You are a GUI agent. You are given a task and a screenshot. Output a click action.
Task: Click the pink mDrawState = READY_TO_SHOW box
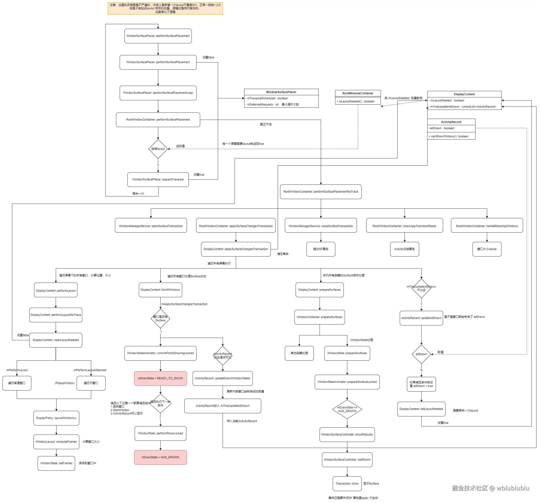point(160,378)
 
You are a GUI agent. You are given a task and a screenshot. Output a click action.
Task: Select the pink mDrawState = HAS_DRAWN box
point(160,457)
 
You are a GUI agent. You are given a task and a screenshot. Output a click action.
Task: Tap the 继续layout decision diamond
point(158,149)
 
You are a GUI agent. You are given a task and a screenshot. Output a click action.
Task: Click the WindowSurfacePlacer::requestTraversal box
point(158,179)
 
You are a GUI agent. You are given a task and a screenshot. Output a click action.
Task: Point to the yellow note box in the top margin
point(165,8)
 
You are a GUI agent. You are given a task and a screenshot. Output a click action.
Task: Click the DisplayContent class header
point(464,94)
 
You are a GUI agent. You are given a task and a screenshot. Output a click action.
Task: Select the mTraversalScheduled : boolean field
point(281,98)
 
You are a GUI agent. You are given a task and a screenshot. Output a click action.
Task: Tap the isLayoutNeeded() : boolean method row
point(358,101)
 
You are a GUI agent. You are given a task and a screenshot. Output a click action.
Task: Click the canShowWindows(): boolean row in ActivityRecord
point(451,136)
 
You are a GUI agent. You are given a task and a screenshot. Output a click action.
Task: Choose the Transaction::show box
point(347,483)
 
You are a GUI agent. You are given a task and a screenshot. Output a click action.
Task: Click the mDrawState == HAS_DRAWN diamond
point(347,409)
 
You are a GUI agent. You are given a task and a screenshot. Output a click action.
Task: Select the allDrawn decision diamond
point(421,354)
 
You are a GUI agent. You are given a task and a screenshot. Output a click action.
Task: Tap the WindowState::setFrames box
point(56,463)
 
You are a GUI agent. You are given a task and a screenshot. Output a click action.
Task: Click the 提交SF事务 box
point(321,249)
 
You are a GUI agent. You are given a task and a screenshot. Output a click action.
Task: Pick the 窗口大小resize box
point(487,249)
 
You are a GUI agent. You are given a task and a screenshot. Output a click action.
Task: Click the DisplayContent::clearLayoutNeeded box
point(56,340)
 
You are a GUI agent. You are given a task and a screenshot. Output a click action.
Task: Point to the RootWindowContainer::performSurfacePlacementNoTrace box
point(321,191)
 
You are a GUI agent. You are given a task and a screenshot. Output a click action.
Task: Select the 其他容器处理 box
point(299,353)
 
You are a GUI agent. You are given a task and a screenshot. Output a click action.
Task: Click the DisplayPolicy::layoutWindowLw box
point(56,418)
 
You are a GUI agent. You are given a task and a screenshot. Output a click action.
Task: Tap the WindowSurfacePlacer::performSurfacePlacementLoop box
point(158,93)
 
